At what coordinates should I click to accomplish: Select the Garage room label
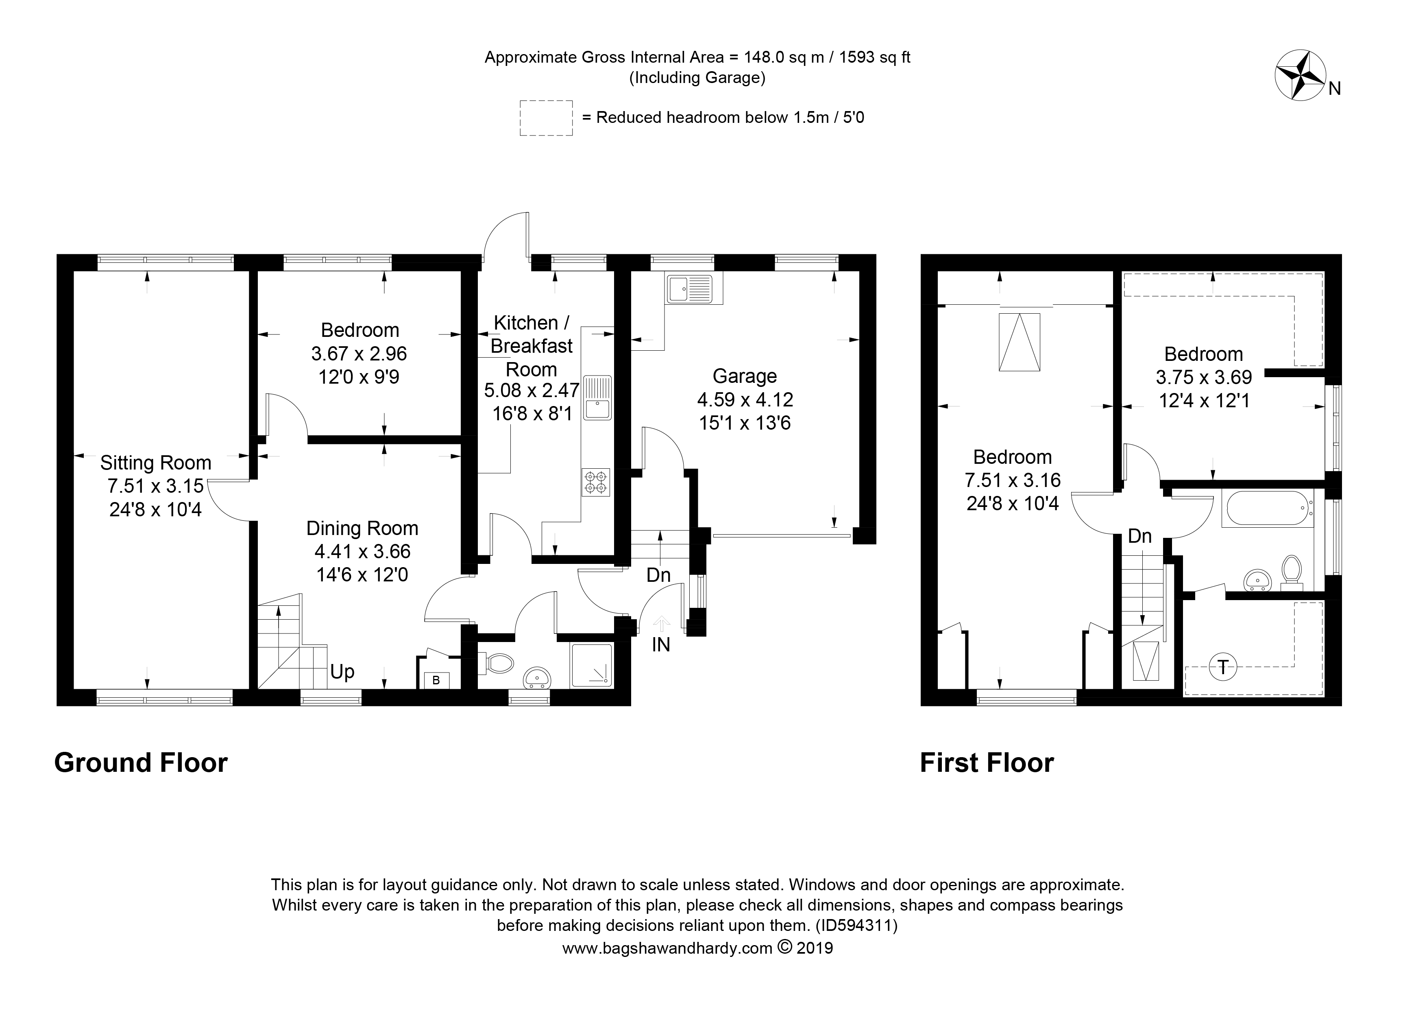745,376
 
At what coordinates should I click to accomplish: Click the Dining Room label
362,529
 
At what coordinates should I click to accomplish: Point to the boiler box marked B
436,680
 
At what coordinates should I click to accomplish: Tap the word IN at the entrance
661,645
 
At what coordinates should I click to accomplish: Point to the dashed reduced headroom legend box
546,118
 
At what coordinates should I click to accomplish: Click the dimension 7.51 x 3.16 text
1013,480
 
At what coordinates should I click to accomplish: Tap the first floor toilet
1292,572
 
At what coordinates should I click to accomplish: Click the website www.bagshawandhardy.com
667,965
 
